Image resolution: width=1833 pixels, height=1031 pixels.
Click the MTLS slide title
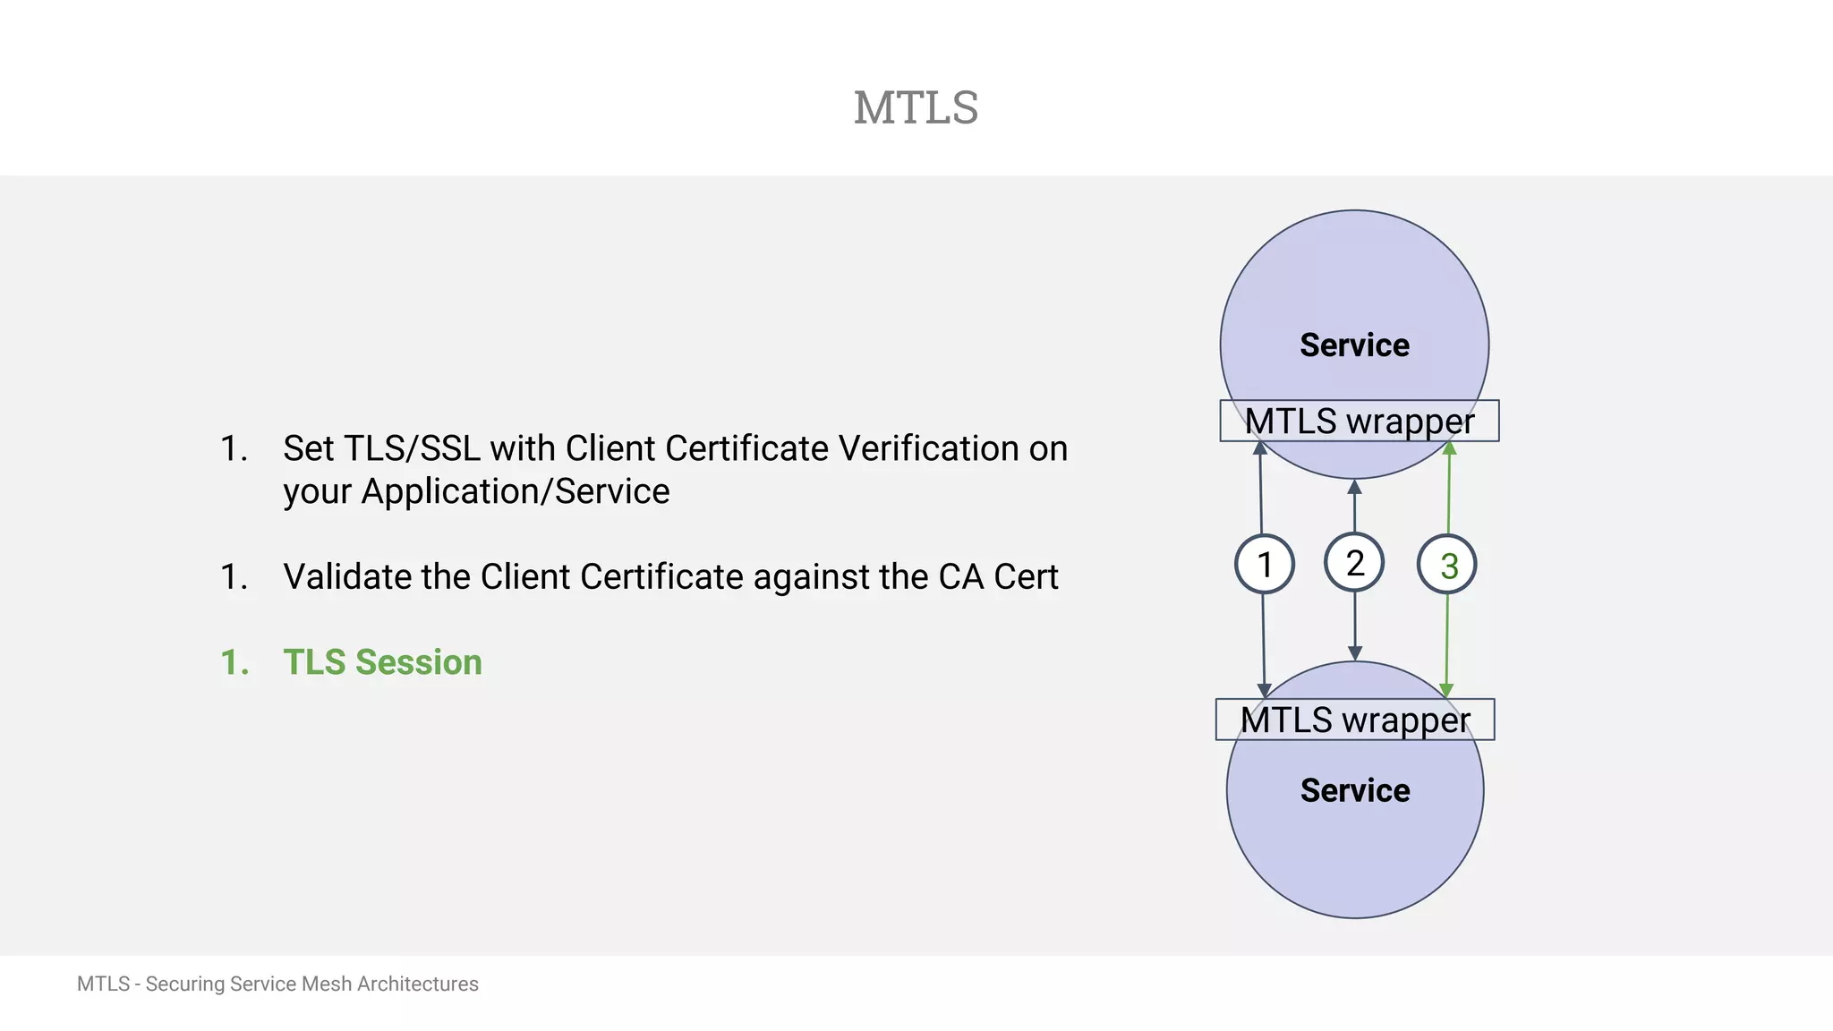click(916, 108)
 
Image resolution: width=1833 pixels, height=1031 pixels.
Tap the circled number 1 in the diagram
click(1264, 565)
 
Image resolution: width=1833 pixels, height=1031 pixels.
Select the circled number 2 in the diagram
click(1354, 563)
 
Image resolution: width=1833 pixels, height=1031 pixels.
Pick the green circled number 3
click(1447, 566)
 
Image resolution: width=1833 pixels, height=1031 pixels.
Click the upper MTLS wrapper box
click(1359, 422)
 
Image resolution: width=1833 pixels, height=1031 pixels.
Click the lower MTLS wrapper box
click(1354, 720)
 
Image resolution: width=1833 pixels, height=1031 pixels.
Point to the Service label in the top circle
click(1354, 345)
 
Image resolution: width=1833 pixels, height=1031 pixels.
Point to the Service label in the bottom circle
click(1354, 790)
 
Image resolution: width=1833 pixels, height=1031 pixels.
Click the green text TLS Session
click(382, 662)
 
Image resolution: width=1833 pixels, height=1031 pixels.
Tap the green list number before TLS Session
click(234, 663)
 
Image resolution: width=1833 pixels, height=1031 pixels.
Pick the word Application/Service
click(515, 492)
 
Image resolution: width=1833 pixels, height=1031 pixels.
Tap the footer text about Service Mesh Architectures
click(277, 984)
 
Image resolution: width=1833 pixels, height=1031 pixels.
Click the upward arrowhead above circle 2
click(1354, 488)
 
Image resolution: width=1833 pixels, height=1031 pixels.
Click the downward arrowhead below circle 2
click(1355, 653)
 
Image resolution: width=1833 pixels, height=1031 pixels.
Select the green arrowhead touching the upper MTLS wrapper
click(1450, 448)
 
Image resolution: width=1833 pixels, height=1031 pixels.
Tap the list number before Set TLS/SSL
click(234, 449)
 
